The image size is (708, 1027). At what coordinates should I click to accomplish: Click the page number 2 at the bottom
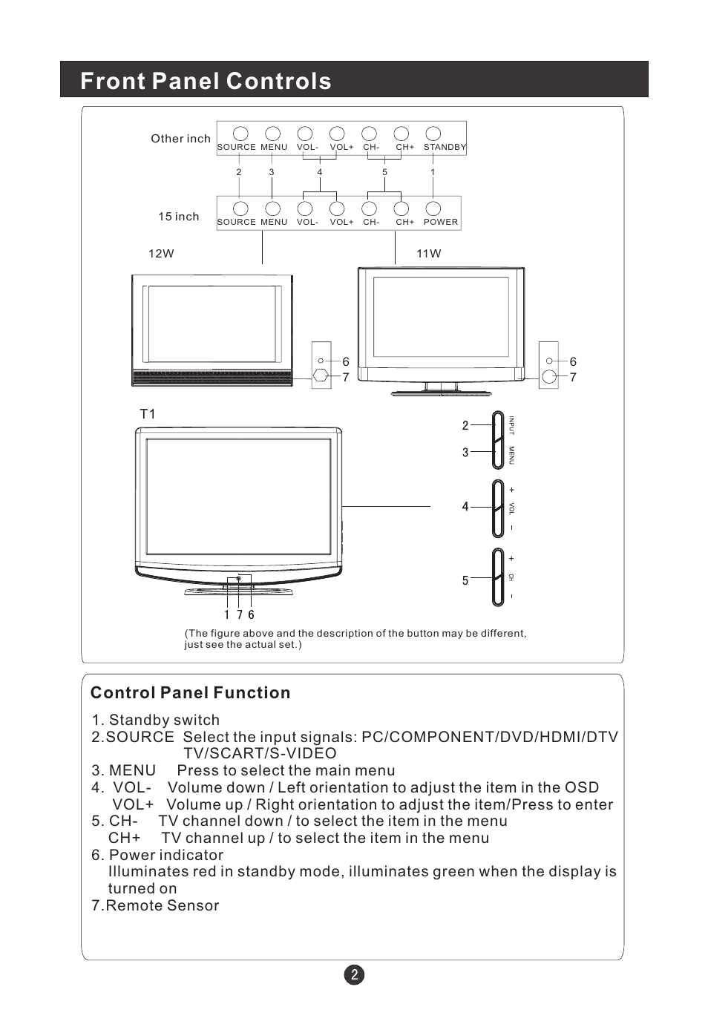pos(354,975)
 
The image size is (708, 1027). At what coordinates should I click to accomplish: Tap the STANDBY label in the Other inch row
pos(445,147)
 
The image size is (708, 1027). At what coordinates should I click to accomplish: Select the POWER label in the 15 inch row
pos(441,222)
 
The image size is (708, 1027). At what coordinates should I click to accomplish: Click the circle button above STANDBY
pos(433,134)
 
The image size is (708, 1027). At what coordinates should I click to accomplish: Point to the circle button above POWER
pos(433,209)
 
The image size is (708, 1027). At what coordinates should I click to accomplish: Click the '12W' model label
pos(161,254)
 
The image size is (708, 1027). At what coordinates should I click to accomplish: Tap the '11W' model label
pos(428,254)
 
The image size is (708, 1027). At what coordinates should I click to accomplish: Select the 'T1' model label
pos(148,414)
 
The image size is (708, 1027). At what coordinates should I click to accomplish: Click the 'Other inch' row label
pos(180,139)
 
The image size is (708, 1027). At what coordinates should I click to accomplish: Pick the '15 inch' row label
pos(178,217)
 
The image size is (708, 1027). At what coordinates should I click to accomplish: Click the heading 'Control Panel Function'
pos(190,693)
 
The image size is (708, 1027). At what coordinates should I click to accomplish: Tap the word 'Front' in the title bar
pos(112,81)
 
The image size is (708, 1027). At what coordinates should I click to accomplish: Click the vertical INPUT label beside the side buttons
pos(511,425)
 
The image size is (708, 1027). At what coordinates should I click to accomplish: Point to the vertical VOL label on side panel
pos(511,508)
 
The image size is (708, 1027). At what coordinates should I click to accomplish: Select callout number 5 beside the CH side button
pos(465,580)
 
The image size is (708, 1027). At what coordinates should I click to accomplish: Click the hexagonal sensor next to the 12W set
pos(320,375)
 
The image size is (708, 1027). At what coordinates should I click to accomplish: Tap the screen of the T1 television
pos(238,496)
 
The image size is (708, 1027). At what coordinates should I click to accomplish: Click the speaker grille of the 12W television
pos(212,378)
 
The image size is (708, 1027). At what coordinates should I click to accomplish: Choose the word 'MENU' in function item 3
pos(132,771)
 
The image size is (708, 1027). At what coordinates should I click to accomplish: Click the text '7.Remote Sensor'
pos(155,905)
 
